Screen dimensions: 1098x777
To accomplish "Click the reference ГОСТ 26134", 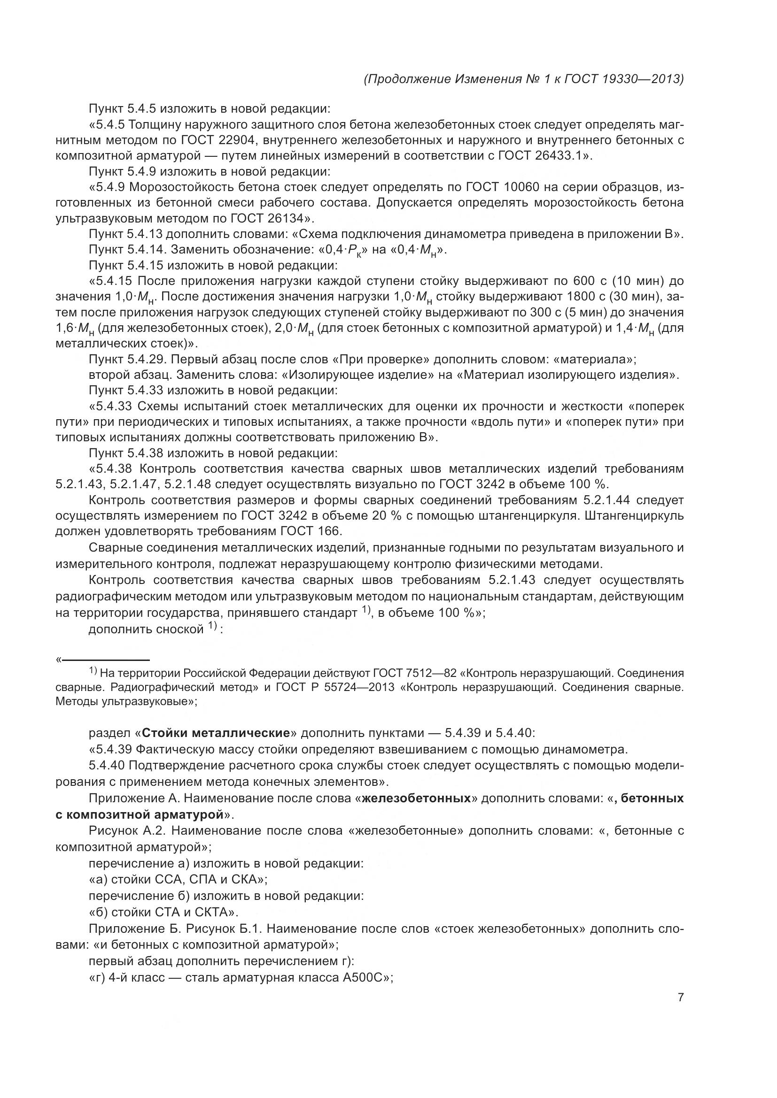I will pos(267,219).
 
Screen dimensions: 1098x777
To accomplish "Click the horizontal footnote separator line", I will pos(106,660).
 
